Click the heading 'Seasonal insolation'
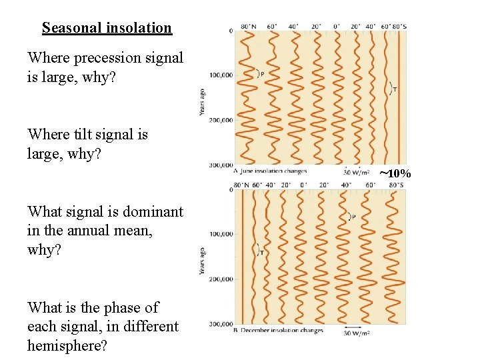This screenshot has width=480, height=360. coord(107,28)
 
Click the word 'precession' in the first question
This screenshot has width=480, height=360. coord(117,58)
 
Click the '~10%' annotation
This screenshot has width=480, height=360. coord(395,174)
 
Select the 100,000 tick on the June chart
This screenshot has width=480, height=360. coord(220,75)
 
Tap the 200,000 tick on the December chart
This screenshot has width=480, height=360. coord(220,279)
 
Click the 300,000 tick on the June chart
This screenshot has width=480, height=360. coord(220,165)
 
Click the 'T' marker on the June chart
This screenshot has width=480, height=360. coord(395,89)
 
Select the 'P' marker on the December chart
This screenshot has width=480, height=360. coord(353,217)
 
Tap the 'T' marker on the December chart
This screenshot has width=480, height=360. coord(261,252)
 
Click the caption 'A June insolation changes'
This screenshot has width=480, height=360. coord(270,171)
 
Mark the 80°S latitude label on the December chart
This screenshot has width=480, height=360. coord(396,185)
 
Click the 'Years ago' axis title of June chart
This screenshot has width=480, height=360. coord(203,100)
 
